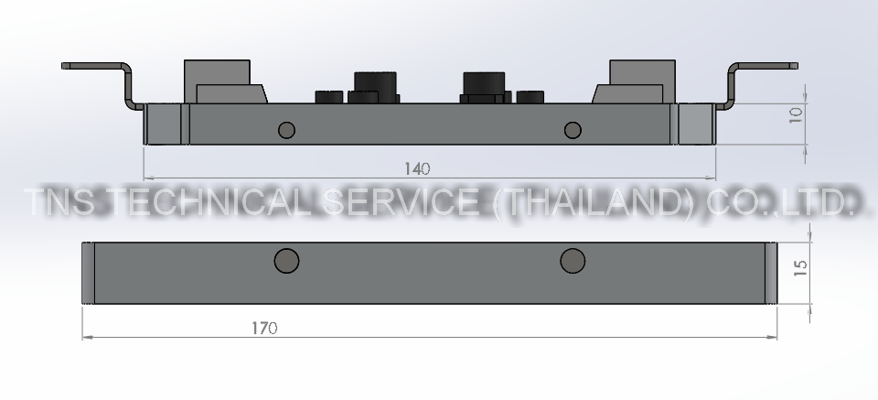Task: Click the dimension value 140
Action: [417, 168]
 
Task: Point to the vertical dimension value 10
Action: [796, 114]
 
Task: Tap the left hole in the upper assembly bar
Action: [286, 129]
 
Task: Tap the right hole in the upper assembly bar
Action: [573, 129]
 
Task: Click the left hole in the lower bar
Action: [286, 261]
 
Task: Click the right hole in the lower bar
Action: [573, 261]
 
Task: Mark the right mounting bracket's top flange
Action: [765, 66]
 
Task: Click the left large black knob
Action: [375, 81]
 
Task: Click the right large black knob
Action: [484, 82]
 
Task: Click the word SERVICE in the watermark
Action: [405, 203]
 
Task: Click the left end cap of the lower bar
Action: [88, 274]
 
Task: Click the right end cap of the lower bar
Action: [771, 274]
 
